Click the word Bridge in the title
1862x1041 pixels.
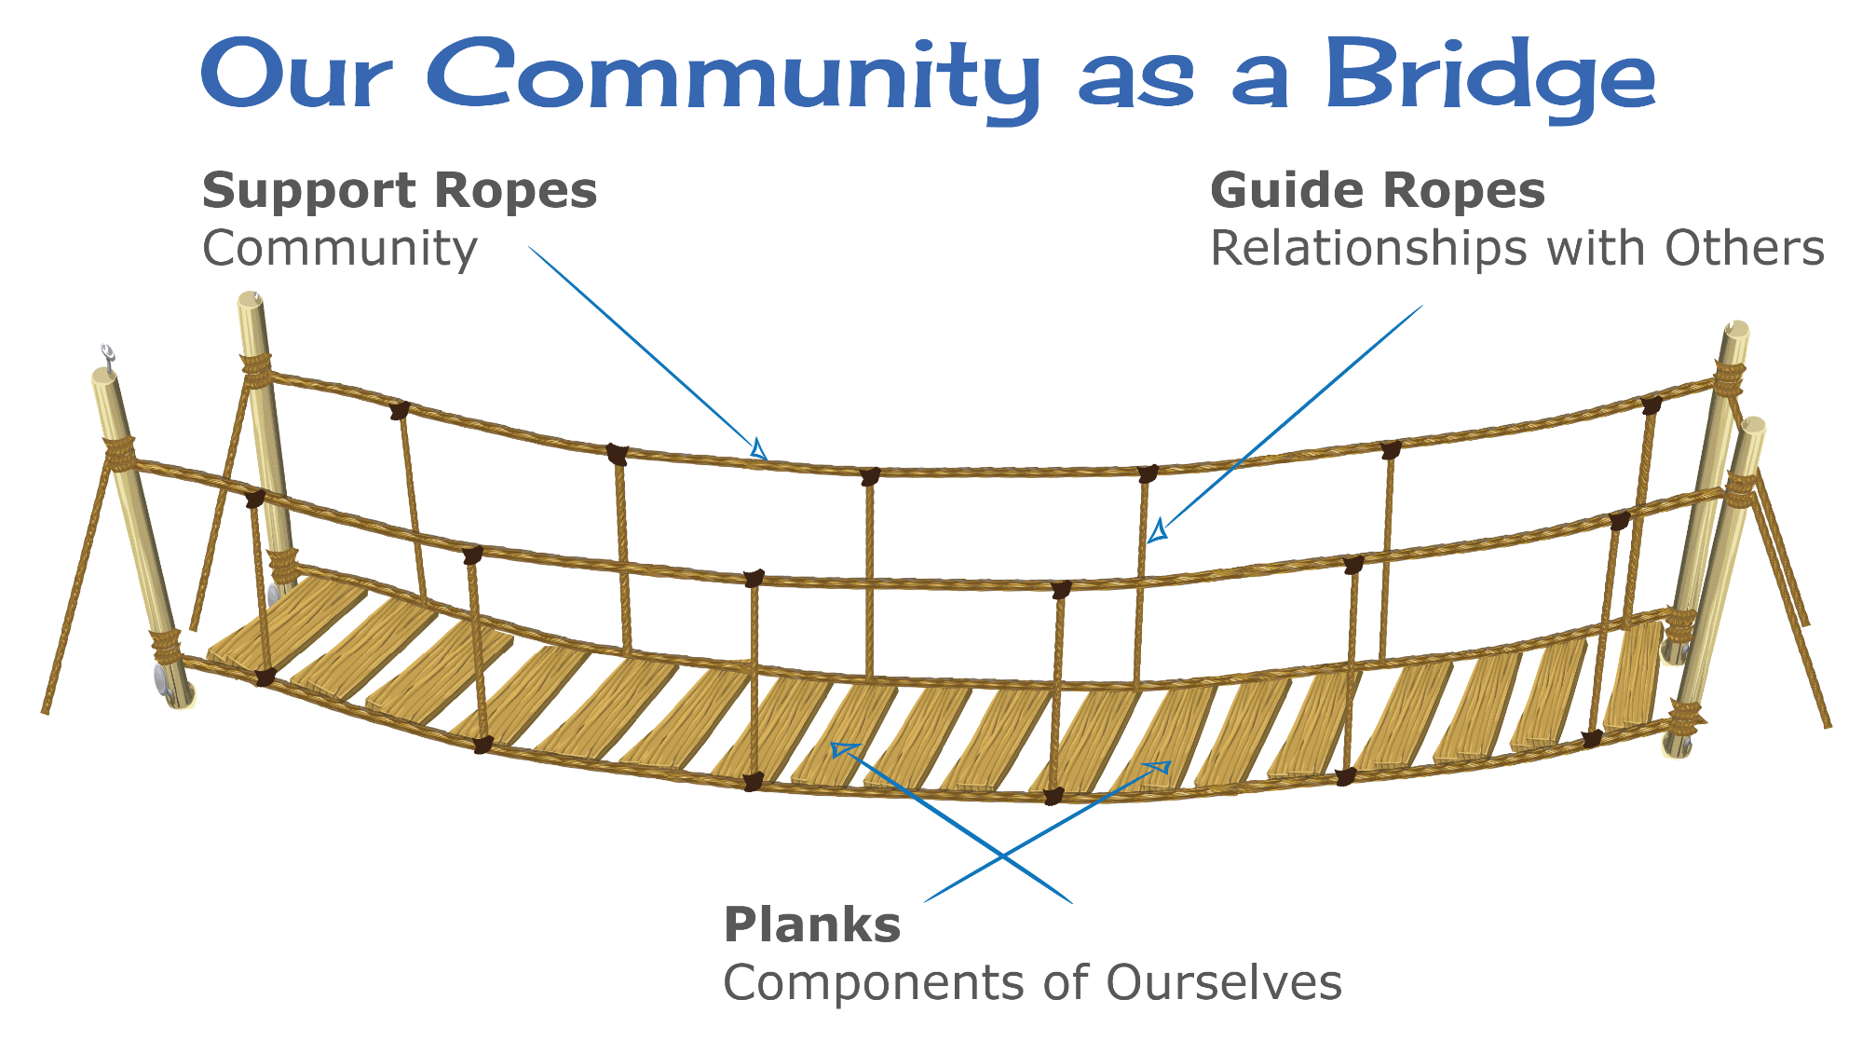1489,76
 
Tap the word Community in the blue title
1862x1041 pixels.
736,76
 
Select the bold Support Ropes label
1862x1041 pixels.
399,191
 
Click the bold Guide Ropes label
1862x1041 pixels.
1377,191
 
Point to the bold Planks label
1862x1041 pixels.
812,925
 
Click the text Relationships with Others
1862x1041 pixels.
1516,249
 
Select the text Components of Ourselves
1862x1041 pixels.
1032,983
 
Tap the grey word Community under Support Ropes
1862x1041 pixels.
340,250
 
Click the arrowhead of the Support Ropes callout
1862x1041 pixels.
759,450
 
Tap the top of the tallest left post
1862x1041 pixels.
251,300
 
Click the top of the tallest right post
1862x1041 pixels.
1735,330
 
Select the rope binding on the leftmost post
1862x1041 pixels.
119,452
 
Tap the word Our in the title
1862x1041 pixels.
293,76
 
